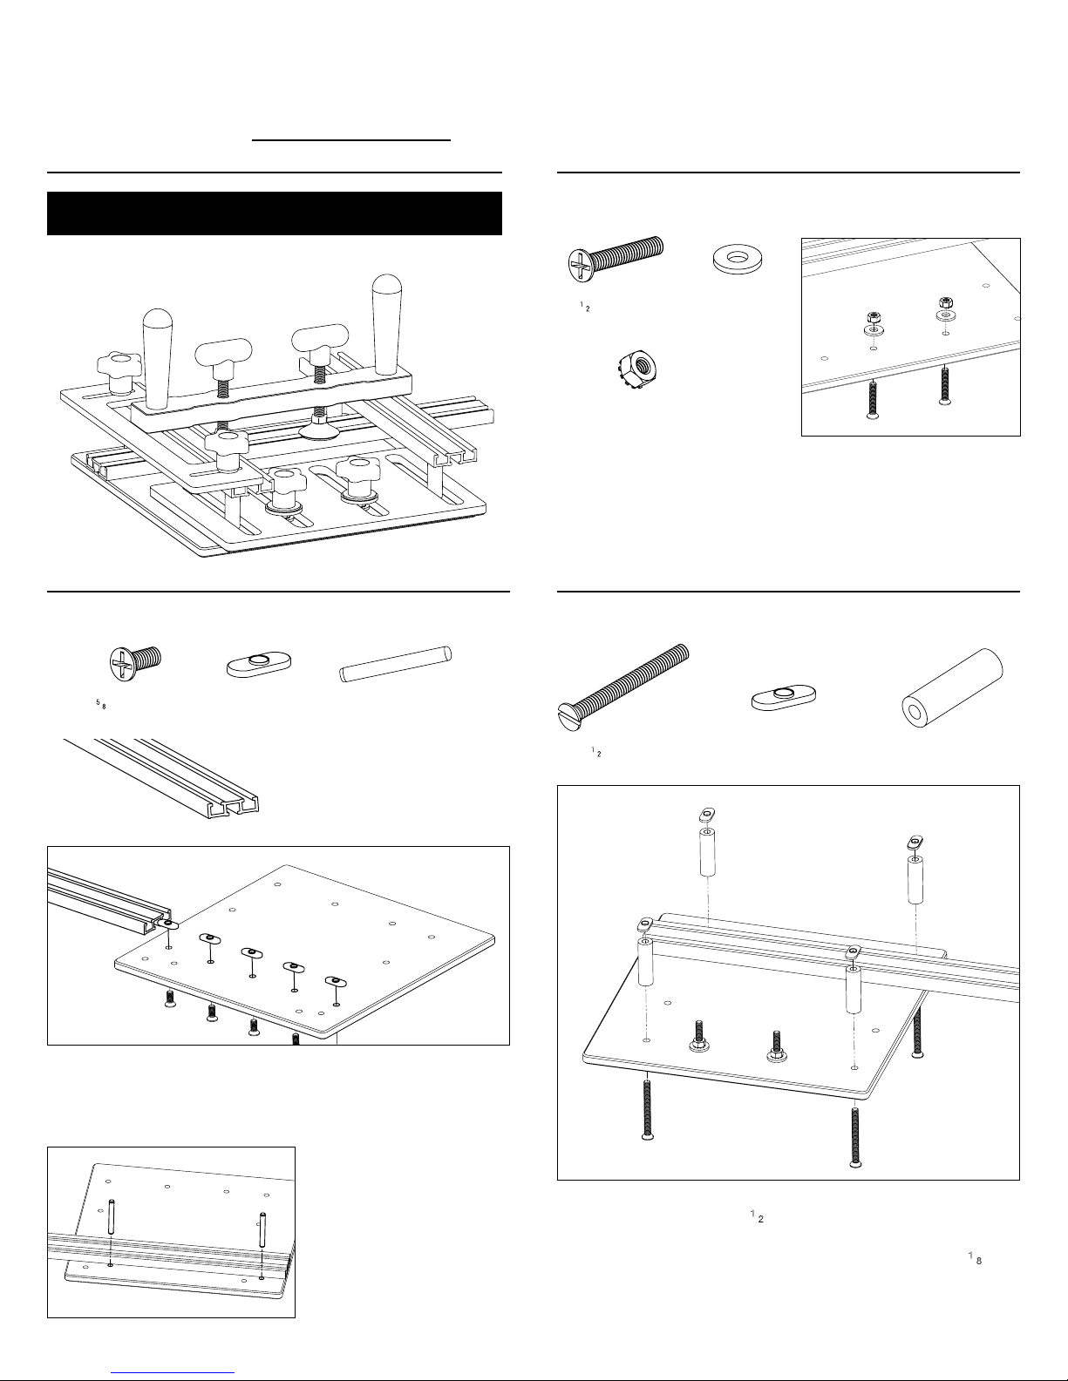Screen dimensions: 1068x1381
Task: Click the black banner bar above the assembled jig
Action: click(274, 213)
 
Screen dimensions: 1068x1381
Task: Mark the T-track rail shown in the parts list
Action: click(161, 775)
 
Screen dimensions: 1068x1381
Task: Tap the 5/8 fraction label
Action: click(100, 704)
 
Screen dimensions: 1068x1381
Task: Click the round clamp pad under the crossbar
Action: click(320, 428)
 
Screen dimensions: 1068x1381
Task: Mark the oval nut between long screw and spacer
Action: click(783, 699)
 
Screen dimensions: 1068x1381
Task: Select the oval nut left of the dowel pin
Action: click(257, 667)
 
